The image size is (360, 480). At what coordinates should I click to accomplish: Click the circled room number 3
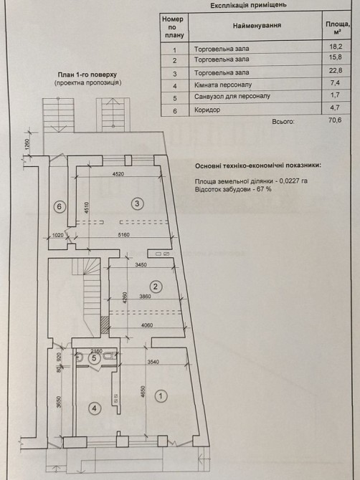click(137, 203)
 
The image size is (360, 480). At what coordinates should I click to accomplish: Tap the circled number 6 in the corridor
click(59, 206)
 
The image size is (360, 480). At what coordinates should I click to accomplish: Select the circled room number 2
click(156, 287)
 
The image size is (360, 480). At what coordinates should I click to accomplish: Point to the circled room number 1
click(161, 396)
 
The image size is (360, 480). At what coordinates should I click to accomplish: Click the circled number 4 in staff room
click(95, 408)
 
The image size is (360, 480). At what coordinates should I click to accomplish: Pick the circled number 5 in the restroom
click(94, 358)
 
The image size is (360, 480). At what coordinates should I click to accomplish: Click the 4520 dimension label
click(118, 174)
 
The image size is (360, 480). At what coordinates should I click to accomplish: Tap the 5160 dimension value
click(123, 235)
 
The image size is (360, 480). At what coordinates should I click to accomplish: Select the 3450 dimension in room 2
click(141, 265)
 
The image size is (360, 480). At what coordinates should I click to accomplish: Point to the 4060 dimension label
click(147, 325)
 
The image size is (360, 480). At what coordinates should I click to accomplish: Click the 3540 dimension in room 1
click(153, 362)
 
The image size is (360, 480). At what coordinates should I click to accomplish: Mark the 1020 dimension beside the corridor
click(58, 235)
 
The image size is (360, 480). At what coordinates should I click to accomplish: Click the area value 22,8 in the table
click(336, 71)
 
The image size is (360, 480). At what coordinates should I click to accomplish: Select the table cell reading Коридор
click(207, 110)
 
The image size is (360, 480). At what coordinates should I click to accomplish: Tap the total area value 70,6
click(335, 120)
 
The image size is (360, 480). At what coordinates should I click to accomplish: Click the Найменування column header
click(257, 26)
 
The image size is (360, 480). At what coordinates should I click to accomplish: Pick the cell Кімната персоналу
click(223, 85)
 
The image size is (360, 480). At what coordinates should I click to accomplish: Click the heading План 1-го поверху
click(87, 75)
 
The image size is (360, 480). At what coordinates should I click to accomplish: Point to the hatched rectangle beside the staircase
click(105, 325)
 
